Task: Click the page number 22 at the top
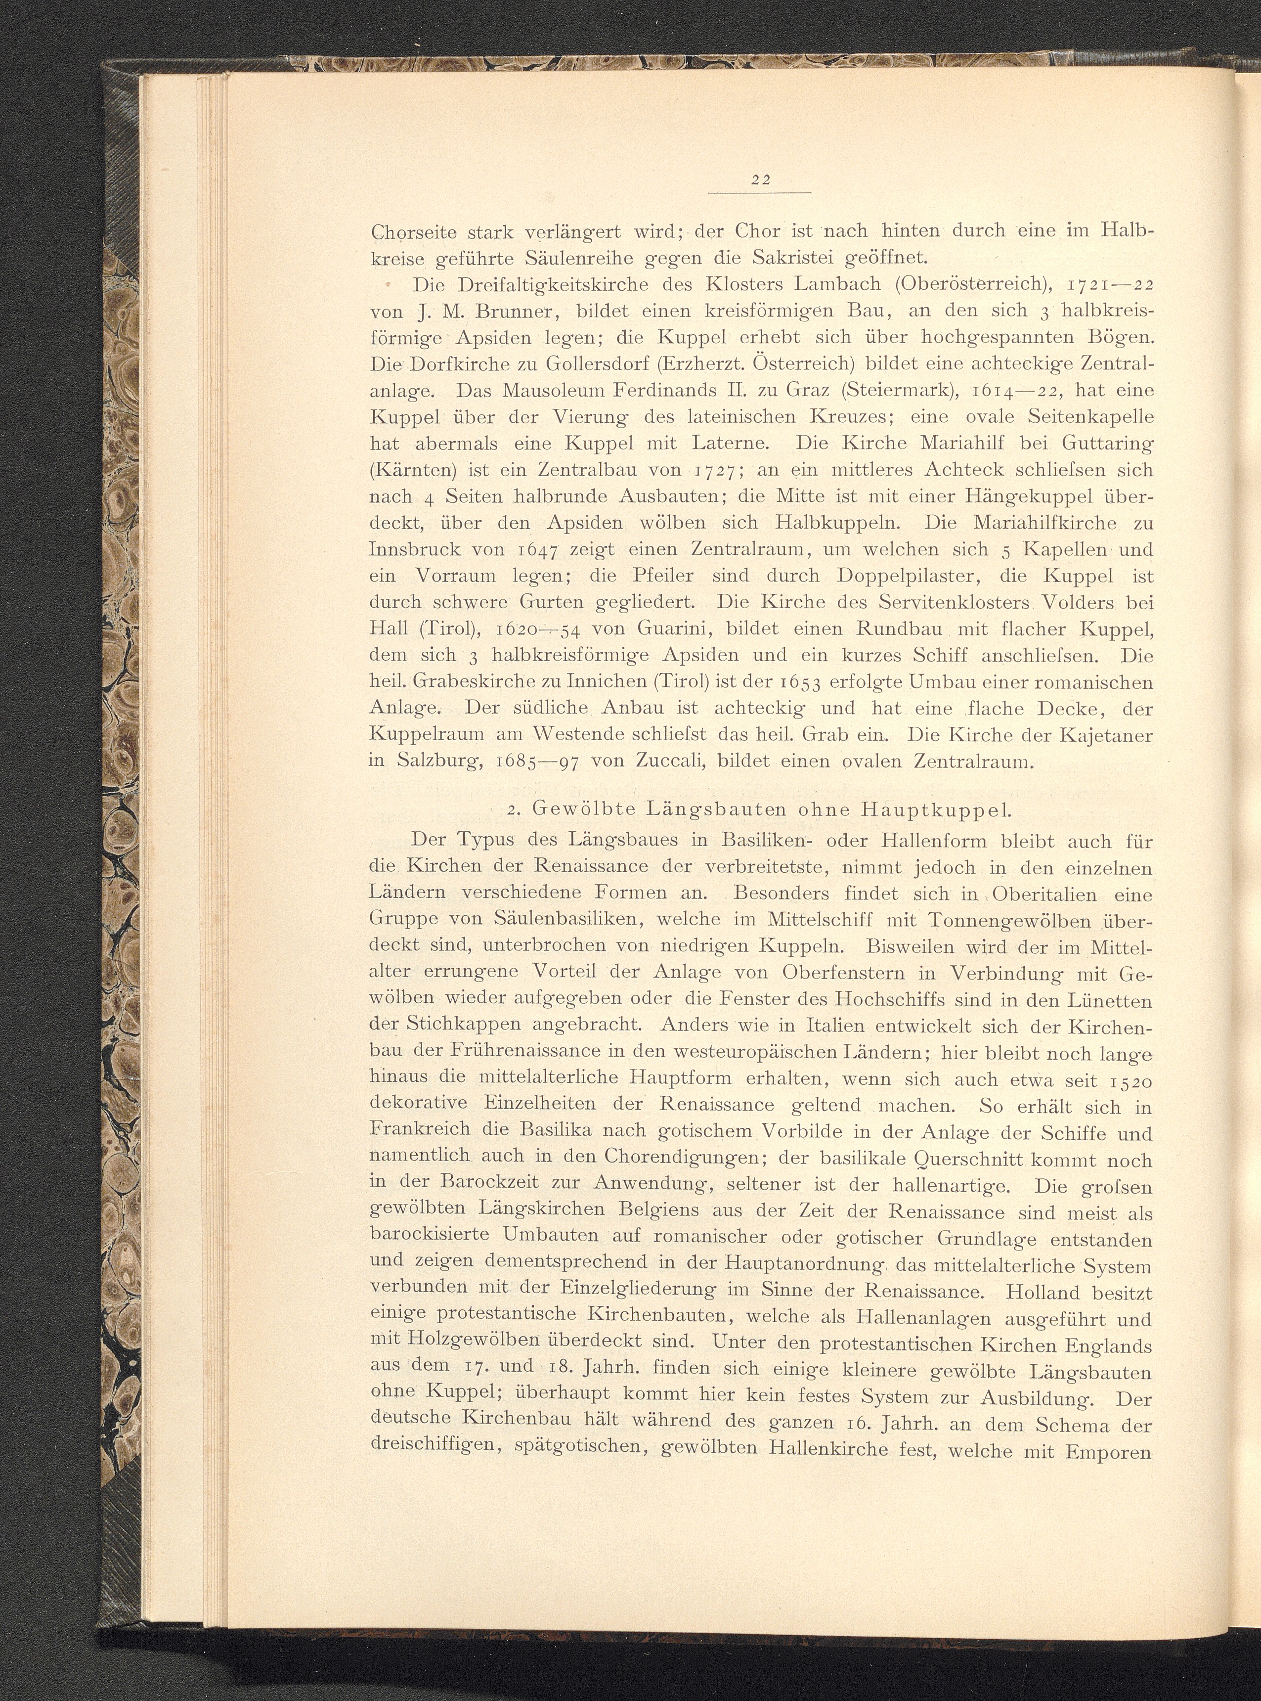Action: (x=759, y=181)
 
